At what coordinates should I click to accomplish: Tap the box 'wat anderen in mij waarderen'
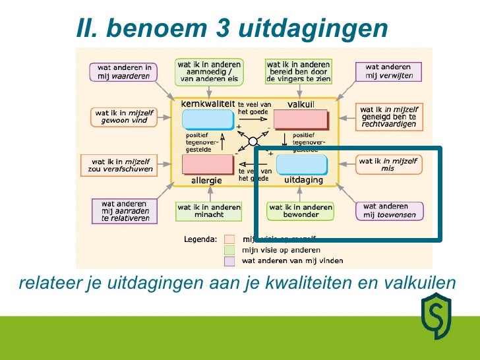point(125,72)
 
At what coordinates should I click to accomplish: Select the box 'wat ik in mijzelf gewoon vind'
point(125,117)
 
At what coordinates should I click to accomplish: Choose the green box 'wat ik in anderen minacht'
point(209,210)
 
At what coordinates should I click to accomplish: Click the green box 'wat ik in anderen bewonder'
point(293,210)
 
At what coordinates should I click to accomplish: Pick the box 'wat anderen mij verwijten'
point(389,72)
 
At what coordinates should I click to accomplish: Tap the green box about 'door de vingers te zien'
point(298,71)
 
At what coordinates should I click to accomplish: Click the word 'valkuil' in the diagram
point(301,105)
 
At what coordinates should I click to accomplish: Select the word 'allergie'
point(206,180)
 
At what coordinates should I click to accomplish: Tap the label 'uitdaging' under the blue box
point(303,180)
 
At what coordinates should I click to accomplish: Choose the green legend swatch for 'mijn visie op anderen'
point(229,250)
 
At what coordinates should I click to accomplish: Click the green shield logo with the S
point(436,316)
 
